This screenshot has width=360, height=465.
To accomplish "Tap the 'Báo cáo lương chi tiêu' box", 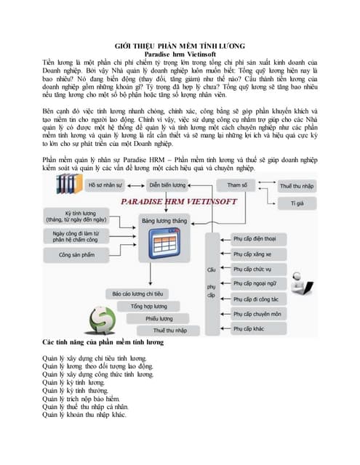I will [x=137, y=294].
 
